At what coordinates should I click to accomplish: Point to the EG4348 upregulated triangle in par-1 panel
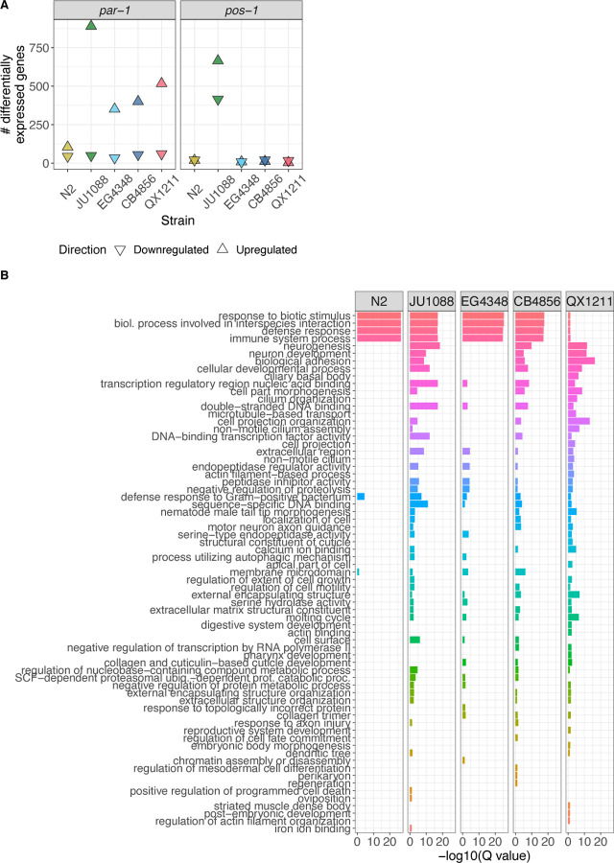click(115, 108)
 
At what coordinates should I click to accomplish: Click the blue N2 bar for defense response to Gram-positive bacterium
click(361, 496)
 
